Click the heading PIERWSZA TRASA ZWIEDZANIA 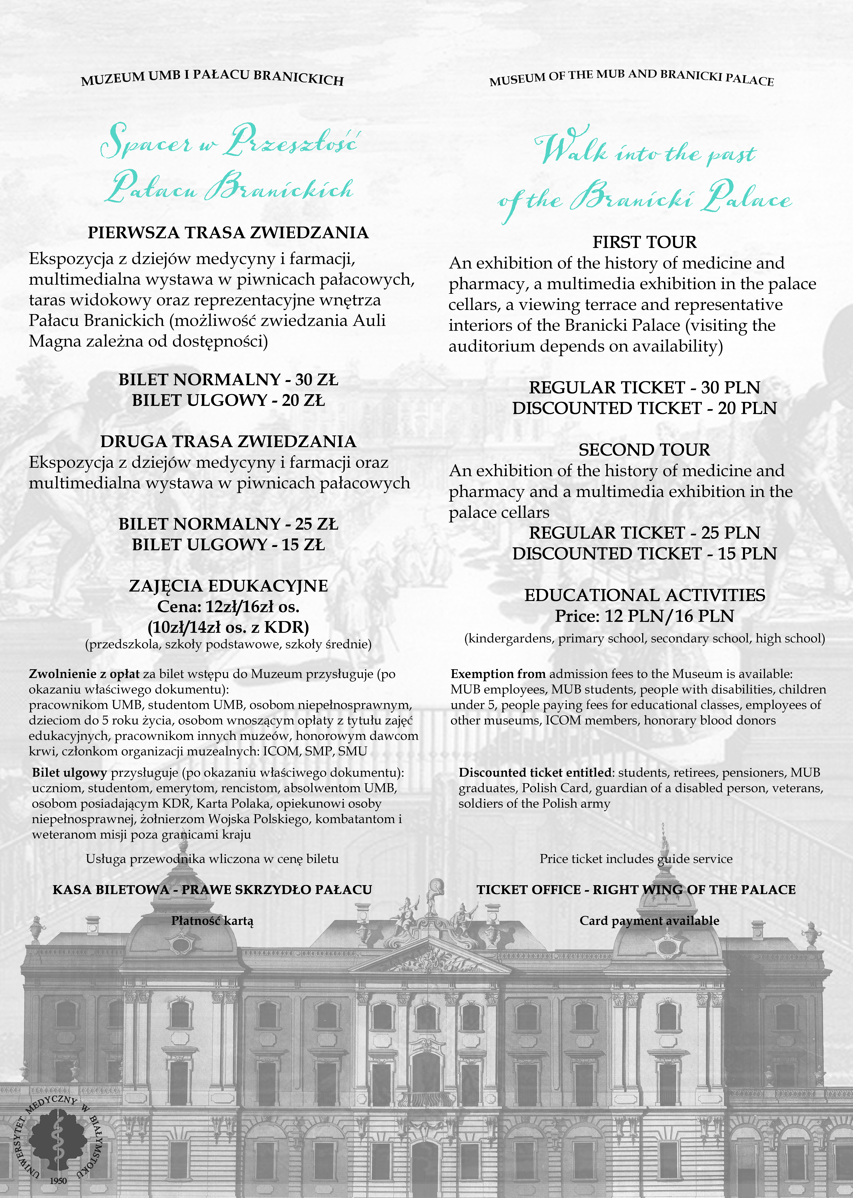228,233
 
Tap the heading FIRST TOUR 644,242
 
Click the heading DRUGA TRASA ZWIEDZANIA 228,441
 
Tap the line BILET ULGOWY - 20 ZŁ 228,400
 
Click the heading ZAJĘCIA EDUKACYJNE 228,586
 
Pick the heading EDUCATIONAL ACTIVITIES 644,595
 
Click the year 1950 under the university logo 58,1181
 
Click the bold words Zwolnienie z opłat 84,674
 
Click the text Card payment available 649,921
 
